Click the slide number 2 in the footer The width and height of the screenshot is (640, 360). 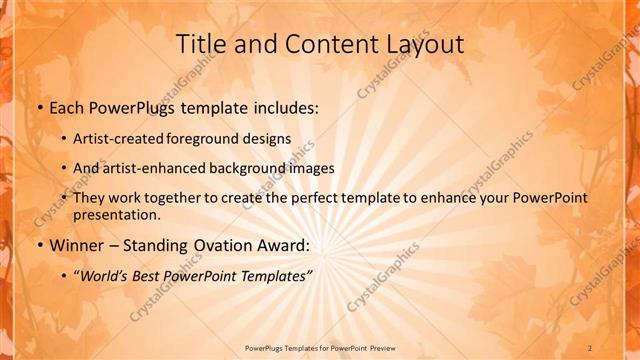coord(590,347)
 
